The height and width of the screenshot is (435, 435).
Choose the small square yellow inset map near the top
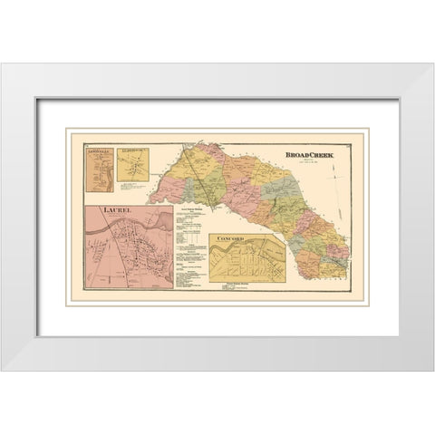click(132, 165)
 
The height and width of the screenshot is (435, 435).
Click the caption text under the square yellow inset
click(132, 187)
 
